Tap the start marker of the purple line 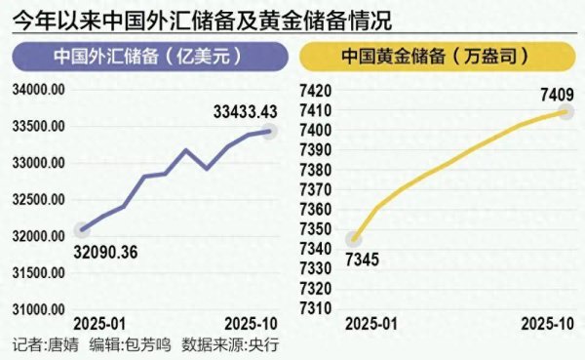(81, 230)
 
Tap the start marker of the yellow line (355, 239)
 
